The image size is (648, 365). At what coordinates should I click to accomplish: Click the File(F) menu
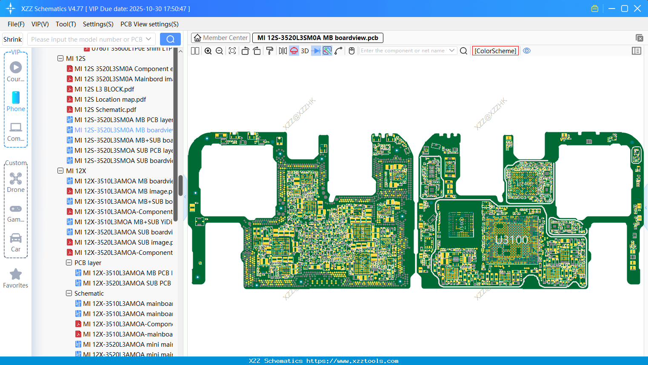pyautogui.click(x=16, y=24)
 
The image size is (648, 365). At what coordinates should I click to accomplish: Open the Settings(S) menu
pyautogui.click(x=98, y=24)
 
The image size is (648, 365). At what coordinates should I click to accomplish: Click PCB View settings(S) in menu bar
pyautogui.click(x=149, y=24)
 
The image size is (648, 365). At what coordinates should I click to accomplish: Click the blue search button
pyautogui.click(x=170, y=39)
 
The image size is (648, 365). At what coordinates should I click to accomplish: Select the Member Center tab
pyautogui.click(x=221, y=38)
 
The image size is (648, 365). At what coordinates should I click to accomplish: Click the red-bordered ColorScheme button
pyautogui.click(x=495, y=51)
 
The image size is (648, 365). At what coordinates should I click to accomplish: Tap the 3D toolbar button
pyautogui.click(x=305, y=51)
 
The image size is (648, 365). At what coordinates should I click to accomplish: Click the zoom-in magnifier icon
pyautogui.click(x=208, y=51)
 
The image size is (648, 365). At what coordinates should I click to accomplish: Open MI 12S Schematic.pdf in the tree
pyautogui.click(x=105, y=110)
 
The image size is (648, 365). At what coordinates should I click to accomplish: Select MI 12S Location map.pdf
pyautogui.click(x=110, y=100)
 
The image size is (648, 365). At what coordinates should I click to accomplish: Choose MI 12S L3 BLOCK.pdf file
pyautogui.click(x=104, y=89)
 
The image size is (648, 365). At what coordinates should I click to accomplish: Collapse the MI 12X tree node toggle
pyautogui.click(x=60, y=171)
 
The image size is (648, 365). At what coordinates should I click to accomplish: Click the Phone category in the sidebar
pyautogui.click(x=16, y=101)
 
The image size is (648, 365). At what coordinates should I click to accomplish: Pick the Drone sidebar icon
pyautogui.click(x=16, y=182)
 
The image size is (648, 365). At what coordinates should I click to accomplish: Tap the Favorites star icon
pyautogui.click(x=16, y=274)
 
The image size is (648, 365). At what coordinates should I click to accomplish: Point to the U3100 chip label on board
pyautogui.click(x=511, y=240)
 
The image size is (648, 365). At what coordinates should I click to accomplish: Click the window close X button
pyautogui.click(x=637, y=9)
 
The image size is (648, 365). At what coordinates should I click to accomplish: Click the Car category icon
pyautogui.click(x=16, y=242)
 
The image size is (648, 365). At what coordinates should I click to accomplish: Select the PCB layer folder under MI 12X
pyautogui.click(x=88, y=263)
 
